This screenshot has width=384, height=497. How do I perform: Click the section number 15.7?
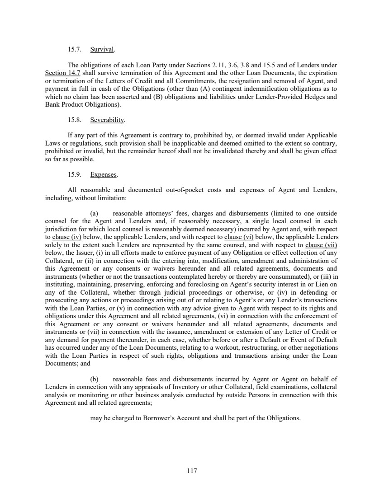click(x=74, y=49)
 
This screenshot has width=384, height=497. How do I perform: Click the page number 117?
click(x=192, y=471)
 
